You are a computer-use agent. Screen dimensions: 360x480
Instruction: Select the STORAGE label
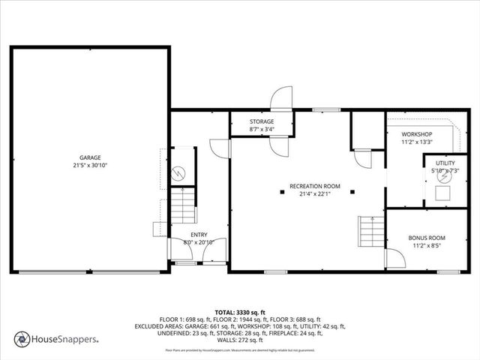tap(262, 121)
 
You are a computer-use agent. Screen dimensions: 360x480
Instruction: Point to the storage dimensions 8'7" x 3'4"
tap(262, 129)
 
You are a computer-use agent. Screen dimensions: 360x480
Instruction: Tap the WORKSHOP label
tap(417, 134)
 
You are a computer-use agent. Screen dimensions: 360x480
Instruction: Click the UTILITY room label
tap(445, 163)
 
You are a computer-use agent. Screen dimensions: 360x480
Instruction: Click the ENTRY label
tap(199, 235)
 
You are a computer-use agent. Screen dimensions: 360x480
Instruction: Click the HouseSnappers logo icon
tap(22, 338)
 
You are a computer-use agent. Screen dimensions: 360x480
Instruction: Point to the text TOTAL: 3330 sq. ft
tap(240, 311)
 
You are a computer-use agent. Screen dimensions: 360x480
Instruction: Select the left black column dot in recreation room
tap(282, 192)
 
